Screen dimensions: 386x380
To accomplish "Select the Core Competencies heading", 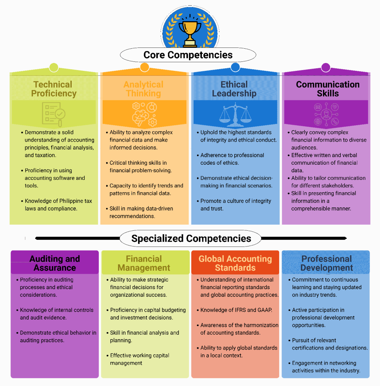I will point(188,55).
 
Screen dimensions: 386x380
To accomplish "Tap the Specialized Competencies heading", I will point(191,238).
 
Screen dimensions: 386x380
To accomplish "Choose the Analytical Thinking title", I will point(143,89).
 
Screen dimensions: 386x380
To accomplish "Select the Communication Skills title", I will point(328,89).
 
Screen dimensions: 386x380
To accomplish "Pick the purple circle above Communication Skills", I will point(326,67).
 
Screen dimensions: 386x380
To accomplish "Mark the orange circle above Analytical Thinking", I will point(144,67).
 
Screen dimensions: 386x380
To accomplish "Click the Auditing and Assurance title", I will point(55,263).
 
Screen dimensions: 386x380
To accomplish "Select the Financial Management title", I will point(144,263).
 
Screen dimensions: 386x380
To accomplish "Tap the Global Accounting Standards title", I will point(235,263).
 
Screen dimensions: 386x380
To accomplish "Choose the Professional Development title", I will point(327,263).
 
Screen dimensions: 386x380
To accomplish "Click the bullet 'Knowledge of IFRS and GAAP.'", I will point(236,310).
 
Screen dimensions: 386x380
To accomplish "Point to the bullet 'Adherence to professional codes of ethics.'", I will point(232,159).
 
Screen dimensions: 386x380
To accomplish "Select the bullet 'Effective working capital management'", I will point(140,359).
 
